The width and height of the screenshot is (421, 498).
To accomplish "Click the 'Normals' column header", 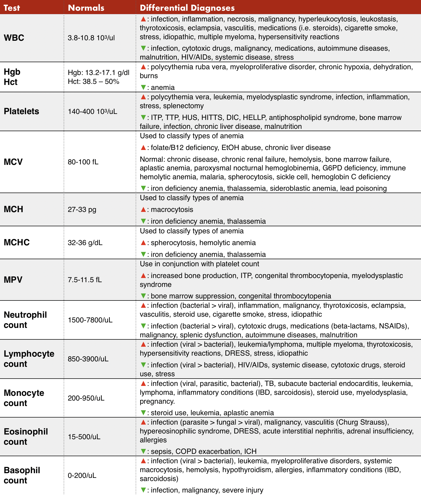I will (x=86, y=8).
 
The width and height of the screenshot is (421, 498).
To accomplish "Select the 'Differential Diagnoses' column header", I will (x=187, y=8).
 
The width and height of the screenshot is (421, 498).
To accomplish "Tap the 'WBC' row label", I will (x=14, y=38).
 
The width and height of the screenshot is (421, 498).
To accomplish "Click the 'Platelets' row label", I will (x=21, y=111).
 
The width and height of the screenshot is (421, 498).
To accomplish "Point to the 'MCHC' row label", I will (x=17, y=242).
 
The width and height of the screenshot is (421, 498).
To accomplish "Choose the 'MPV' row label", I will (x=13, y=280).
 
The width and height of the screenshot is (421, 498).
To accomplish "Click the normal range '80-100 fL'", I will (x=83, y=162).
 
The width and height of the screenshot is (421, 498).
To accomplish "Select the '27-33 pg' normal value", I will (x=82, y=210).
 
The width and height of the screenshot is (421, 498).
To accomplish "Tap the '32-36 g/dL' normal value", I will (x=85, y=243).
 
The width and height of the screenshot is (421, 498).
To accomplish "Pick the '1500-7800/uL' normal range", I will (x=90, y=320).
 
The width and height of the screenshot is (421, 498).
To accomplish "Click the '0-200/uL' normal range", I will (x=82, y=476).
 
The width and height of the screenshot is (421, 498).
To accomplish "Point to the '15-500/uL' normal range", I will (x=84, y=437).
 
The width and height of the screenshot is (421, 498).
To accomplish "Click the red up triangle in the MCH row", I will (x=143, y=210).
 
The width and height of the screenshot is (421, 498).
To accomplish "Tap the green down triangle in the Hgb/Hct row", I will (x=143, y=87).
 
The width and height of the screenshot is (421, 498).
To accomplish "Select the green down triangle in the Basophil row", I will (x=143, y=490).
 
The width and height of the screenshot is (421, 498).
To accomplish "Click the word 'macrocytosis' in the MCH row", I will (x=172, y=210).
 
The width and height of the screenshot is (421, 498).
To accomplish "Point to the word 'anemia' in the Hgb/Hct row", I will (x=163, y=88).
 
